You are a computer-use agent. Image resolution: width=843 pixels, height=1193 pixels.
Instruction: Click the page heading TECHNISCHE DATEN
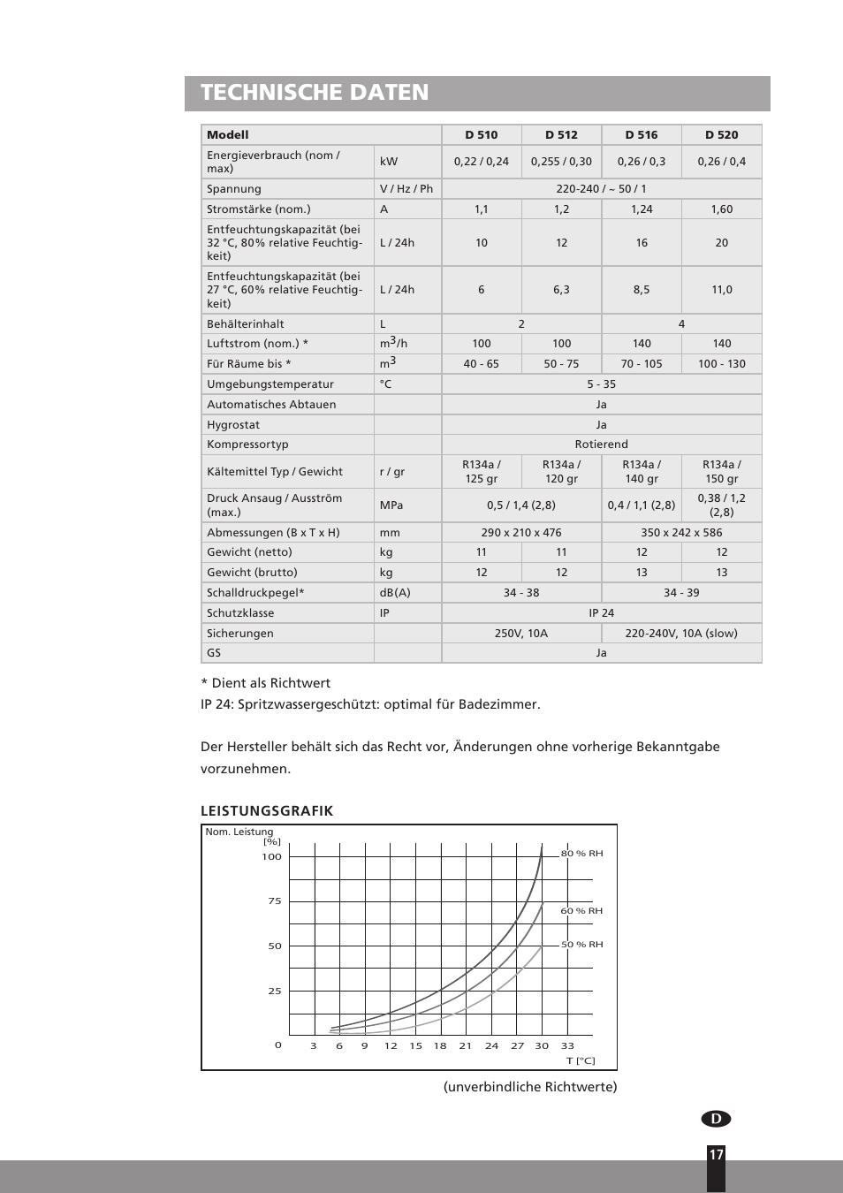coord(315,93)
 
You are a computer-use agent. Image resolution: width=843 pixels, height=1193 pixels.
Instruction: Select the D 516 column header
coord(642,135)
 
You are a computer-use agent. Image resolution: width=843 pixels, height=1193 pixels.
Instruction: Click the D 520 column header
coord(721,135)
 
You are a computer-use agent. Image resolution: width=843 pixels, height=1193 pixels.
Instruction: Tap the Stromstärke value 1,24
coord(642,209)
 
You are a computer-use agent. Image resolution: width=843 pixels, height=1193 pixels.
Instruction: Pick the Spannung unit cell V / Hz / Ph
coord(406,189)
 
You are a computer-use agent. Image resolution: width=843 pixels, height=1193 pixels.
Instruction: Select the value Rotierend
coord(601,445)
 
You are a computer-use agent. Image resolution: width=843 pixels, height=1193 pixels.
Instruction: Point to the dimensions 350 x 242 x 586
coord(681,533)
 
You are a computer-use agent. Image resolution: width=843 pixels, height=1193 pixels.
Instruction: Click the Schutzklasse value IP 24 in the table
coord(601,613)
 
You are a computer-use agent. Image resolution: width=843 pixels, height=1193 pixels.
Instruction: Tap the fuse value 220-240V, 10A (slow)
coord(681,634)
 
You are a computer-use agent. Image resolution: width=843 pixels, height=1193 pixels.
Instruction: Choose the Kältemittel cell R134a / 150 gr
coord(721,472)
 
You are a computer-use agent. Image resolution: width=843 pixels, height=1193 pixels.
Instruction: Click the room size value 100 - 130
coord(721,364)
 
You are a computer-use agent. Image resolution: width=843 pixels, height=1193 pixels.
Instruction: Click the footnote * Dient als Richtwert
coord(265,683)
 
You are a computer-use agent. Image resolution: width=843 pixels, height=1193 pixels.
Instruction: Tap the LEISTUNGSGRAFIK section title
coord(267,811)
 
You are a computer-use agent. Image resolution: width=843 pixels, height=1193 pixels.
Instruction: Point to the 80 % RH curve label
coord(582,854)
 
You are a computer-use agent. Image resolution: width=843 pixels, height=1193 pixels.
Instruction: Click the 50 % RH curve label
coord(582,945)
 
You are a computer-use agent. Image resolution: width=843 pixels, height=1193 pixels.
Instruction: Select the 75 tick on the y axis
coord(275,901)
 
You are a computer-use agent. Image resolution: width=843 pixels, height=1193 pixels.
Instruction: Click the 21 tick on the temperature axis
coord(466,1046)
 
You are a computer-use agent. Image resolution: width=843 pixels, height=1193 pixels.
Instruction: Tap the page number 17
coord(716,1155)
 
